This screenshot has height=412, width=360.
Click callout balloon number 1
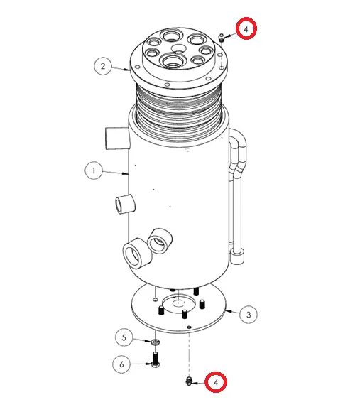[x=94, y=170]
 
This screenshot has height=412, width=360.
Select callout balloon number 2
[x=103, y=66]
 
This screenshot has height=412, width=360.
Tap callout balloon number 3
[x=249, y=315]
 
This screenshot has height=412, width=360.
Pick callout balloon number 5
[x=124, y=337]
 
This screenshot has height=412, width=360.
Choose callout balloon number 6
[x=121, y=364]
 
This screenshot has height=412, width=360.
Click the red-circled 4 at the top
[x=246, y=28]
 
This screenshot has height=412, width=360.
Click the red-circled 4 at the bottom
[x=216, y=382]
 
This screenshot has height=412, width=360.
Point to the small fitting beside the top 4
[x=222, y=38]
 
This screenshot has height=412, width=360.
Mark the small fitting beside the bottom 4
[x=188, y=381]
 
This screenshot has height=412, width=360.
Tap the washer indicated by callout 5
[x=156, y=342]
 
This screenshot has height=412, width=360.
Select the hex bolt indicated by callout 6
[x=156, y=359]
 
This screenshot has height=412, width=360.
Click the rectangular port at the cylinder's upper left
[x=117, y=138]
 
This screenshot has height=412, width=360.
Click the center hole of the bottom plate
[x=179, y=303]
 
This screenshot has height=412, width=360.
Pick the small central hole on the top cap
[x=178, y=48]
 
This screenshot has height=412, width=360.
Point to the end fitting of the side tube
[x=238, y=256]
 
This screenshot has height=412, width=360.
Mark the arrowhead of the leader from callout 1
[x=126, y=173]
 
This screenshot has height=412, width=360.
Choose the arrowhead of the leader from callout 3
[x=228, y=311]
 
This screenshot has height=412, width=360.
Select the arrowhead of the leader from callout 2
[x=127, y=70]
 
